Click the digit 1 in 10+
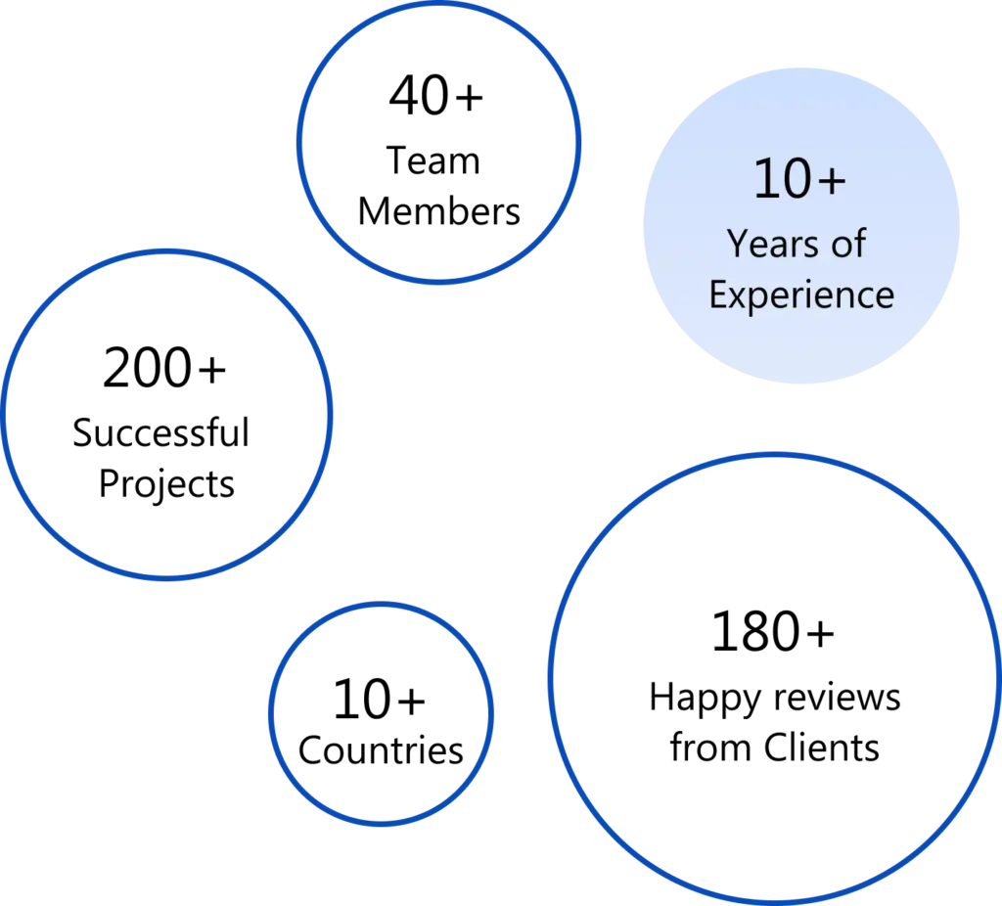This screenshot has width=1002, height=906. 764,180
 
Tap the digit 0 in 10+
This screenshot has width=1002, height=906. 795,180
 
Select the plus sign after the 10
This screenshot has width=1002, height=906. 830,183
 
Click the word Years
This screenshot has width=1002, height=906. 769,244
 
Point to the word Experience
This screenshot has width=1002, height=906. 801,294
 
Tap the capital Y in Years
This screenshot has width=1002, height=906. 736,244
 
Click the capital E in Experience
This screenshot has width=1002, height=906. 717,294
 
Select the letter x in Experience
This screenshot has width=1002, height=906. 737,295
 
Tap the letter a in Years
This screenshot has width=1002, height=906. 773,247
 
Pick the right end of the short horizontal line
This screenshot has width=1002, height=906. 115,364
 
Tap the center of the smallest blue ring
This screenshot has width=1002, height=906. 381,713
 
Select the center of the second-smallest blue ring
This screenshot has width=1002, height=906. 439,143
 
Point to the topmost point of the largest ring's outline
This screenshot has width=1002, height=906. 773,455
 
